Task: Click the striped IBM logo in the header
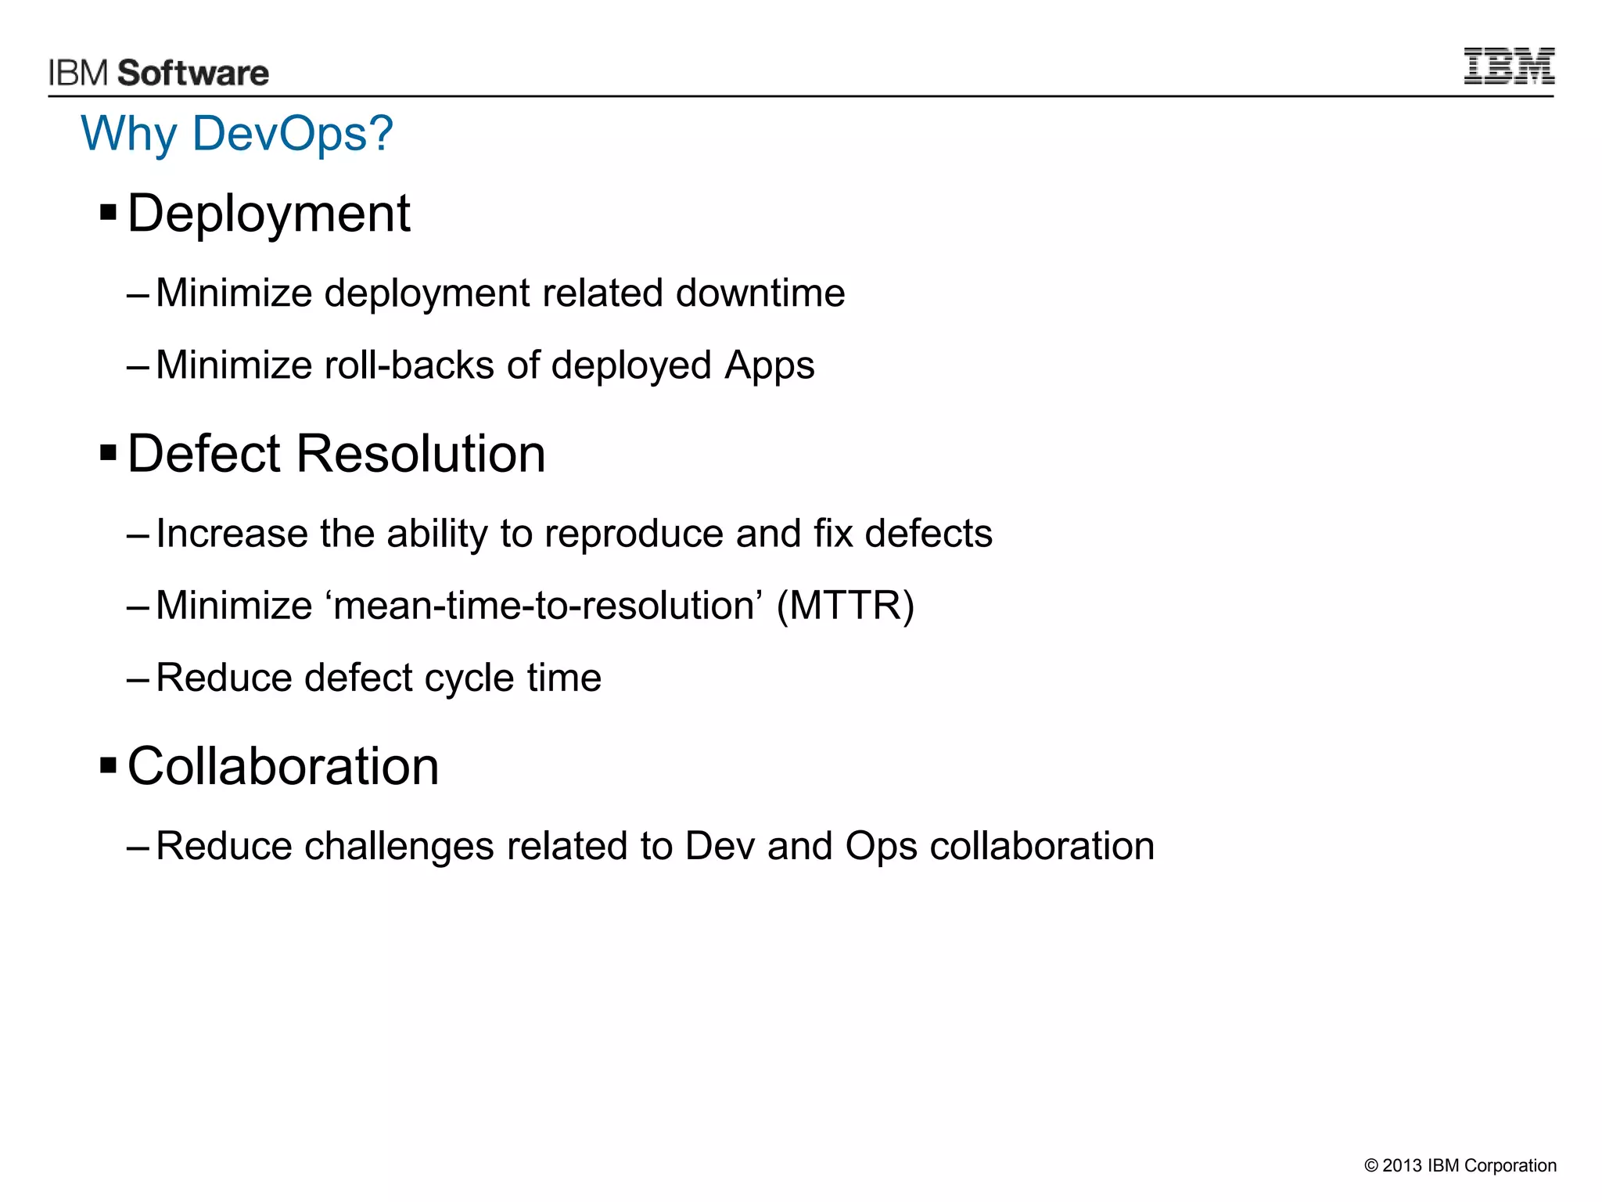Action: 1508,66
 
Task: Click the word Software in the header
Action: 193,74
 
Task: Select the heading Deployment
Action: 268,214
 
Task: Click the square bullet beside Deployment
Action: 109,211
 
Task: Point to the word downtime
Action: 760,293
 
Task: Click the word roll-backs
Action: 409,365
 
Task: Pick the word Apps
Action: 769,366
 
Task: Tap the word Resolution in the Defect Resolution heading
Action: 420,454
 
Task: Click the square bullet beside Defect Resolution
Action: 109,452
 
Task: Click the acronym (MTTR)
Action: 845,606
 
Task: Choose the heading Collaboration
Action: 283,766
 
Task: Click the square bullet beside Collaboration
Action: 109,764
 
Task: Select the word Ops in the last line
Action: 881,847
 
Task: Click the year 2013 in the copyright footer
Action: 1402,1166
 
